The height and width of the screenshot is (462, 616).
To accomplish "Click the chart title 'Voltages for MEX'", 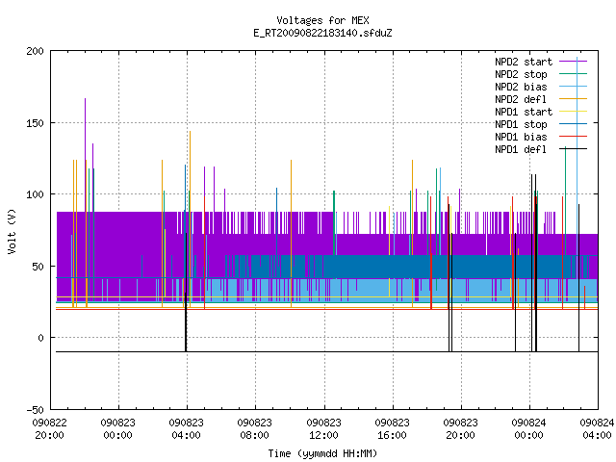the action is (322, 20).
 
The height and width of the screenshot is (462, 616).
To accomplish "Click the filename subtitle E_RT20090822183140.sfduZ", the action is (322, 33).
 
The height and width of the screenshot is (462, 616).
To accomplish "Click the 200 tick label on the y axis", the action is (36, 51).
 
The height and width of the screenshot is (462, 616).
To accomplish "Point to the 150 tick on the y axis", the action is (36, 123).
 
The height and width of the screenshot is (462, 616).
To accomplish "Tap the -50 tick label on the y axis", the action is (36, 410).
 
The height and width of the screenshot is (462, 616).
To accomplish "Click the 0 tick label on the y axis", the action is (40, 338).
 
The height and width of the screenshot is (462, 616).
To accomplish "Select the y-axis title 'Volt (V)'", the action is (13, 231).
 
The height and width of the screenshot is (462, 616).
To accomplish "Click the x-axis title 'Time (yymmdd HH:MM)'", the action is (322, 453).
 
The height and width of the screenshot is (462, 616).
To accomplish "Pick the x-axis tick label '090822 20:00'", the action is (49, 429).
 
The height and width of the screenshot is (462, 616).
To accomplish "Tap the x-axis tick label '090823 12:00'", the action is (323, 429).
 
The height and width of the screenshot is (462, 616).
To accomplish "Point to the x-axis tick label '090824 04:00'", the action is (597, 429).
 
